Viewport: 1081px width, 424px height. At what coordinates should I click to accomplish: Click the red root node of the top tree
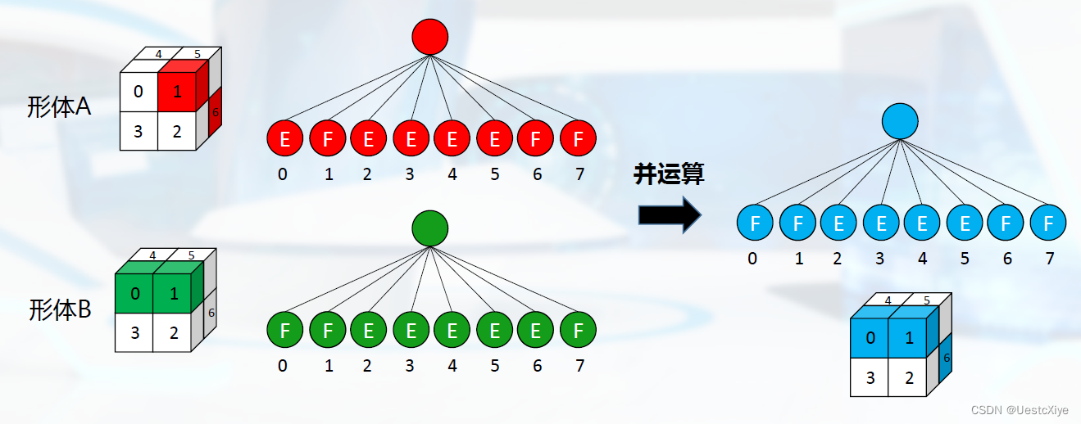(430, 37)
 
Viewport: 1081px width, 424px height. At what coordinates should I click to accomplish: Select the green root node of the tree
(430, 228)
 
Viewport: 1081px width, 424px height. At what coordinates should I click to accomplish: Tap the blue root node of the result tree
(900, 121)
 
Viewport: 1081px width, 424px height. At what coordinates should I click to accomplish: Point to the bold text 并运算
(669, 174)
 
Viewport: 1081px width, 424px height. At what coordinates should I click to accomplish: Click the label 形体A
(59, 107)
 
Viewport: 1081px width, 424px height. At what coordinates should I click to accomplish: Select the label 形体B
(60, 309)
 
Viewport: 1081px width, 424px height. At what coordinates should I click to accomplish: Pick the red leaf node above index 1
(328, 139)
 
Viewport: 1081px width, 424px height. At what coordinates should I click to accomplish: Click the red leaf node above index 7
(578, 139)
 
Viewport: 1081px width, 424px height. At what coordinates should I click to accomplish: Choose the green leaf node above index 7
(578, 332)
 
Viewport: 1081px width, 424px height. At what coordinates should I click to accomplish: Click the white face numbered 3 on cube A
(138, 131)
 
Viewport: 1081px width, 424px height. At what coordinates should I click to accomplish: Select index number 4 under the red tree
(452, 174)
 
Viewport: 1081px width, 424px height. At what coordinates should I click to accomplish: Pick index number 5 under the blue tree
(965, 259)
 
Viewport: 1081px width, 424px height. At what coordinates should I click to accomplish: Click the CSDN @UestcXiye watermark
(1020, 409)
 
